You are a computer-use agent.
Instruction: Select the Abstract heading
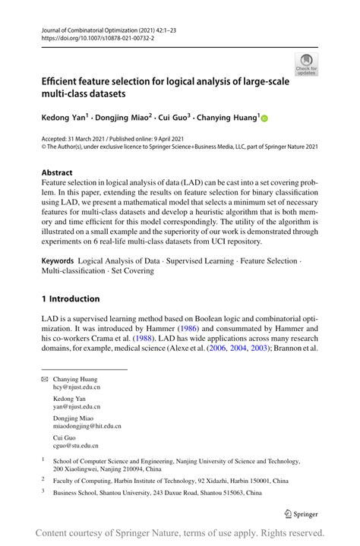click(x=58, y=172)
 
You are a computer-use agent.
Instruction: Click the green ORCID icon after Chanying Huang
click(x=265, y=118)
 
